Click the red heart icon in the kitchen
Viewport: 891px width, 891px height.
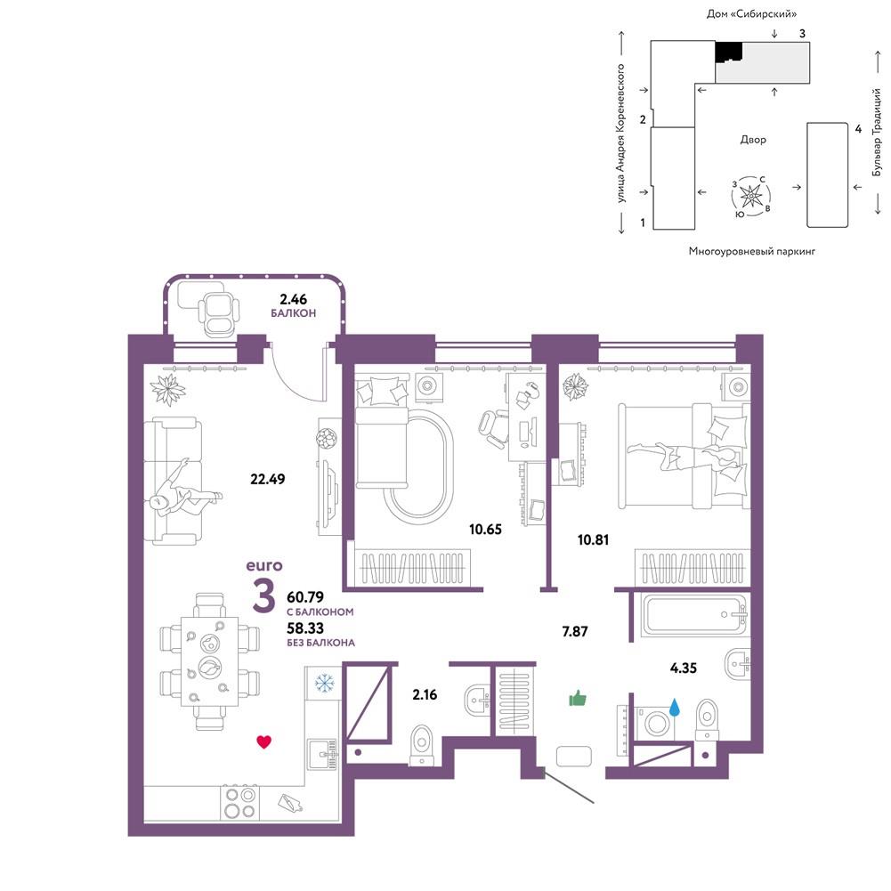point(263,741)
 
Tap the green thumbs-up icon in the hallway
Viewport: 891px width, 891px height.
point(578,699)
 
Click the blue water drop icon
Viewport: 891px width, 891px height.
point(675,708)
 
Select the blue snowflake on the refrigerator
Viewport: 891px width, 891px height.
point(325,683)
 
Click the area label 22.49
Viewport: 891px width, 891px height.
point(268,479)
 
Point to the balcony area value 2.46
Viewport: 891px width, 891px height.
point(293,299)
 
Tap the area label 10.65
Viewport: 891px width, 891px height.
point(485,530)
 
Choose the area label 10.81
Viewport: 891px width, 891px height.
point(593,539)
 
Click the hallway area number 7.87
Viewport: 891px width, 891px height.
point(575,631)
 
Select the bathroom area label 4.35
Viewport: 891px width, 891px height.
point(683,668)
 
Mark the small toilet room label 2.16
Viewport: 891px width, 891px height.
point(425,694)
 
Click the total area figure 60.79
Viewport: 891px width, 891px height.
point(305,597)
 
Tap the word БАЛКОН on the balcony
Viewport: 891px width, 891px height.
point(293,313)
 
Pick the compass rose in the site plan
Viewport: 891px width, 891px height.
point(751,196)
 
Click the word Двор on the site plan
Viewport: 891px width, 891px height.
point(753,140)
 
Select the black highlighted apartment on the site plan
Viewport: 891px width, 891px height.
point(728,52)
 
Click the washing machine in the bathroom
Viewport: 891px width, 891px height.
point(654,724)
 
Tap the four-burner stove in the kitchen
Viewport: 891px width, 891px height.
point(239,802)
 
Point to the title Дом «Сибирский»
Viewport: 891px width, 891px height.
point(751,13)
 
